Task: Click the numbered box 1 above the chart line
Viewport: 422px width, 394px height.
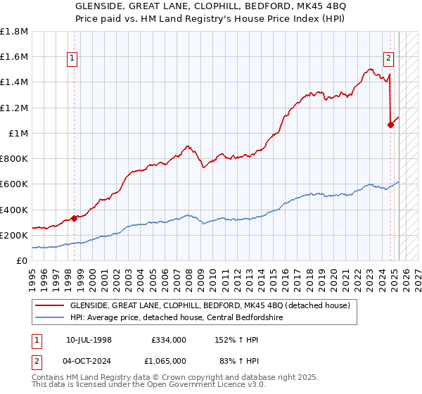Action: coord(73,59)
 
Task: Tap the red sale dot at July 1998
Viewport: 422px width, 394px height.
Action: coord(74,217)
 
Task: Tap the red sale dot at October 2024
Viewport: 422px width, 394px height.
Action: coord(390,125)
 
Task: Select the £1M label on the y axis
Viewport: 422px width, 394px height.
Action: coord(18,134)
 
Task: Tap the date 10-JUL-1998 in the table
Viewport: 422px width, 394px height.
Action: coord(89,340)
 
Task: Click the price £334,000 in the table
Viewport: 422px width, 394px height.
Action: coord(168,340)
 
